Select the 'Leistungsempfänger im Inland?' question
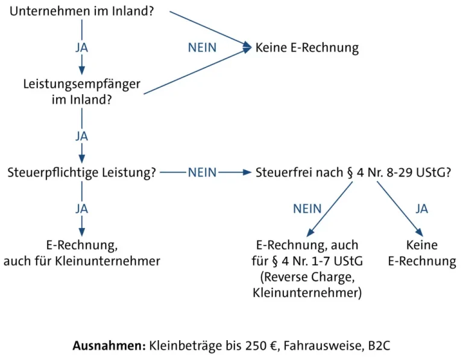82,91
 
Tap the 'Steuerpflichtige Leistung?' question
82,172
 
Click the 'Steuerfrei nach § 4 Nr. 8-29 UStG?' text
353,172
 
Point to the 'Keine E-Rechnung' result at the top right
307,47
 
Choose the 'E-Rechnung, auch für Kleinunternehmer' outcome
82,253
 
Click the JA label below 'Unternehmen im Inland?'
82,47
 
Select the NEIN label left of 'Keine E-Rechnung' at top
202,47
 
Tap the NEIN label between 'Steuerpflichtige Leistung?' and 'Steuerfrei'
202,172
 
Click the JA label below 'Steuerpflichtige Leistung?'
82,209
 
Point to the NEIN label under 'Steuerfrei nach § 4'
307,209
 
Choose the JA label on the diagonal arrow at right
421,209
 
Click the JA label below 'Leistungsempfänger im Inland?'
82,136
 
